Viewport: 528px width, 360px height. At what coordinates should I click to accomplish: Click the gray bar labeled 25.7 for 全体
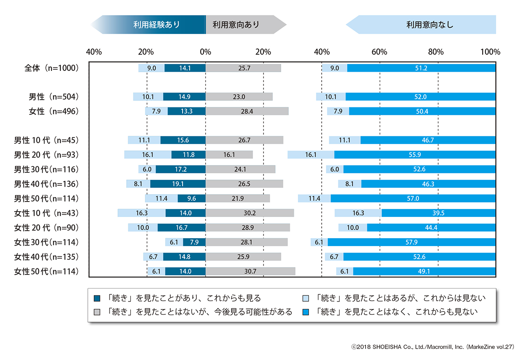pos(243,68)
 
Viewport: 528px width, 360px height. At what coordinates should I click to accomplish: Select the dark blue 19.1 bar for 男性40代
pos(178,184)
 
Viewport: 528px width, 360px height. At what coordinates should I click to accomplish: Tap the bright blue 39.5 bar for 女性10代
pos(438,213)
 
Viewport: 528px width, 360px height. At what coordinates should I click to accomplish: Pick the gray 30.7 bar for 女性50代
pos(250,272)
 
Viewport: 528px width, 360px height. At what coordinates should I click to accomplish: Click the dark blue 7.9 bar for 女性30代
pos(194,242)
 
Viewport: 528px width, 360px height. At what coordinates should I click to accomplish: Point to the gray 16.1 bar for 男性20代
pos(229,155)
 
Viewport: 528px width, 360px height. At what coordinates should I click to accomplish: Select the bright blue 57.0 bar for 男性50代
pos(413,198)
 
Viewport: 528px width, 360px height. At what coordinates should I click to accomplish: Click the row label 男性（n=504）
pos(52,97)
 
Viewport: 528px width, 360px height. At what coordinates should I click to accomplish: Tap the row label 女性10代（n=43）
pos(46,213)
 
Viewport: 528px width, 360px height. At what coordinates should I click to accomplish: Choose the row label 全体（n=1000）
pos(52,68)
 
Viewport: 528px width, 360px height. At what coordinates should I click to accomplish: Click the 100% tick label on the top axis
pos(490,52)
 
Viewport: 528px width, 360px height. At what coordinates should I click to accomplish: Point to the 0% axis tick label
pos(205,52)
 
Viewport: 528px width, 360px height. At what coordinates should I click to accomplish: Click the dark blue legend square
pos(97,298)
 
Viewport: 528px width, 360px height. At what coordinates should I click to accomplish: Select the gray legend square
pos(97,312)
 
